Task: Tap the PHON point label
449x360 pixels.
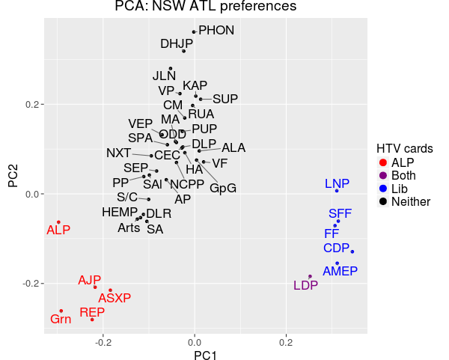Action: (217, 31)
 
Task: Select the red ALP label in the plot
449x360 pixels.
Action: (58, 231)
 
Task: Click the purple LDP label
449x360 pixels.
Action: (305, 285)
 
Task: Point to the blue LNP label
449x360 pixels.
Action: (337, 183)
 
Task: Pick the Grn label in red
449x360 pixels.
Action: (61, 320)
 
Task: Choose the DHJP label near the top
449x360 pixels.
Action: (177, 43)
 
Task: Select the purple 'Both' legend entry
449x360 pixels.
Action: (404, 175)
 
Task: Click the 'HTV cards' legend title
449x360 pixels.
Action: (405, 147)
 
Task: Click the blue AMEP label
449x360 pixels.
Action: (340, 271)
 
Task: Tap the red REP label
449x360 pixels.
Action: (92, 313)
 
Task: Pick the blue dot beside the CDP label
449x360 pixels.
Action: (352, 251)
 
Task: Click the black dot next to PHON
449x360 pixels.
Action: (194, 32)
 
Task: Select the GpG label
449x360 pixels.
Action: (223, 188)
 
